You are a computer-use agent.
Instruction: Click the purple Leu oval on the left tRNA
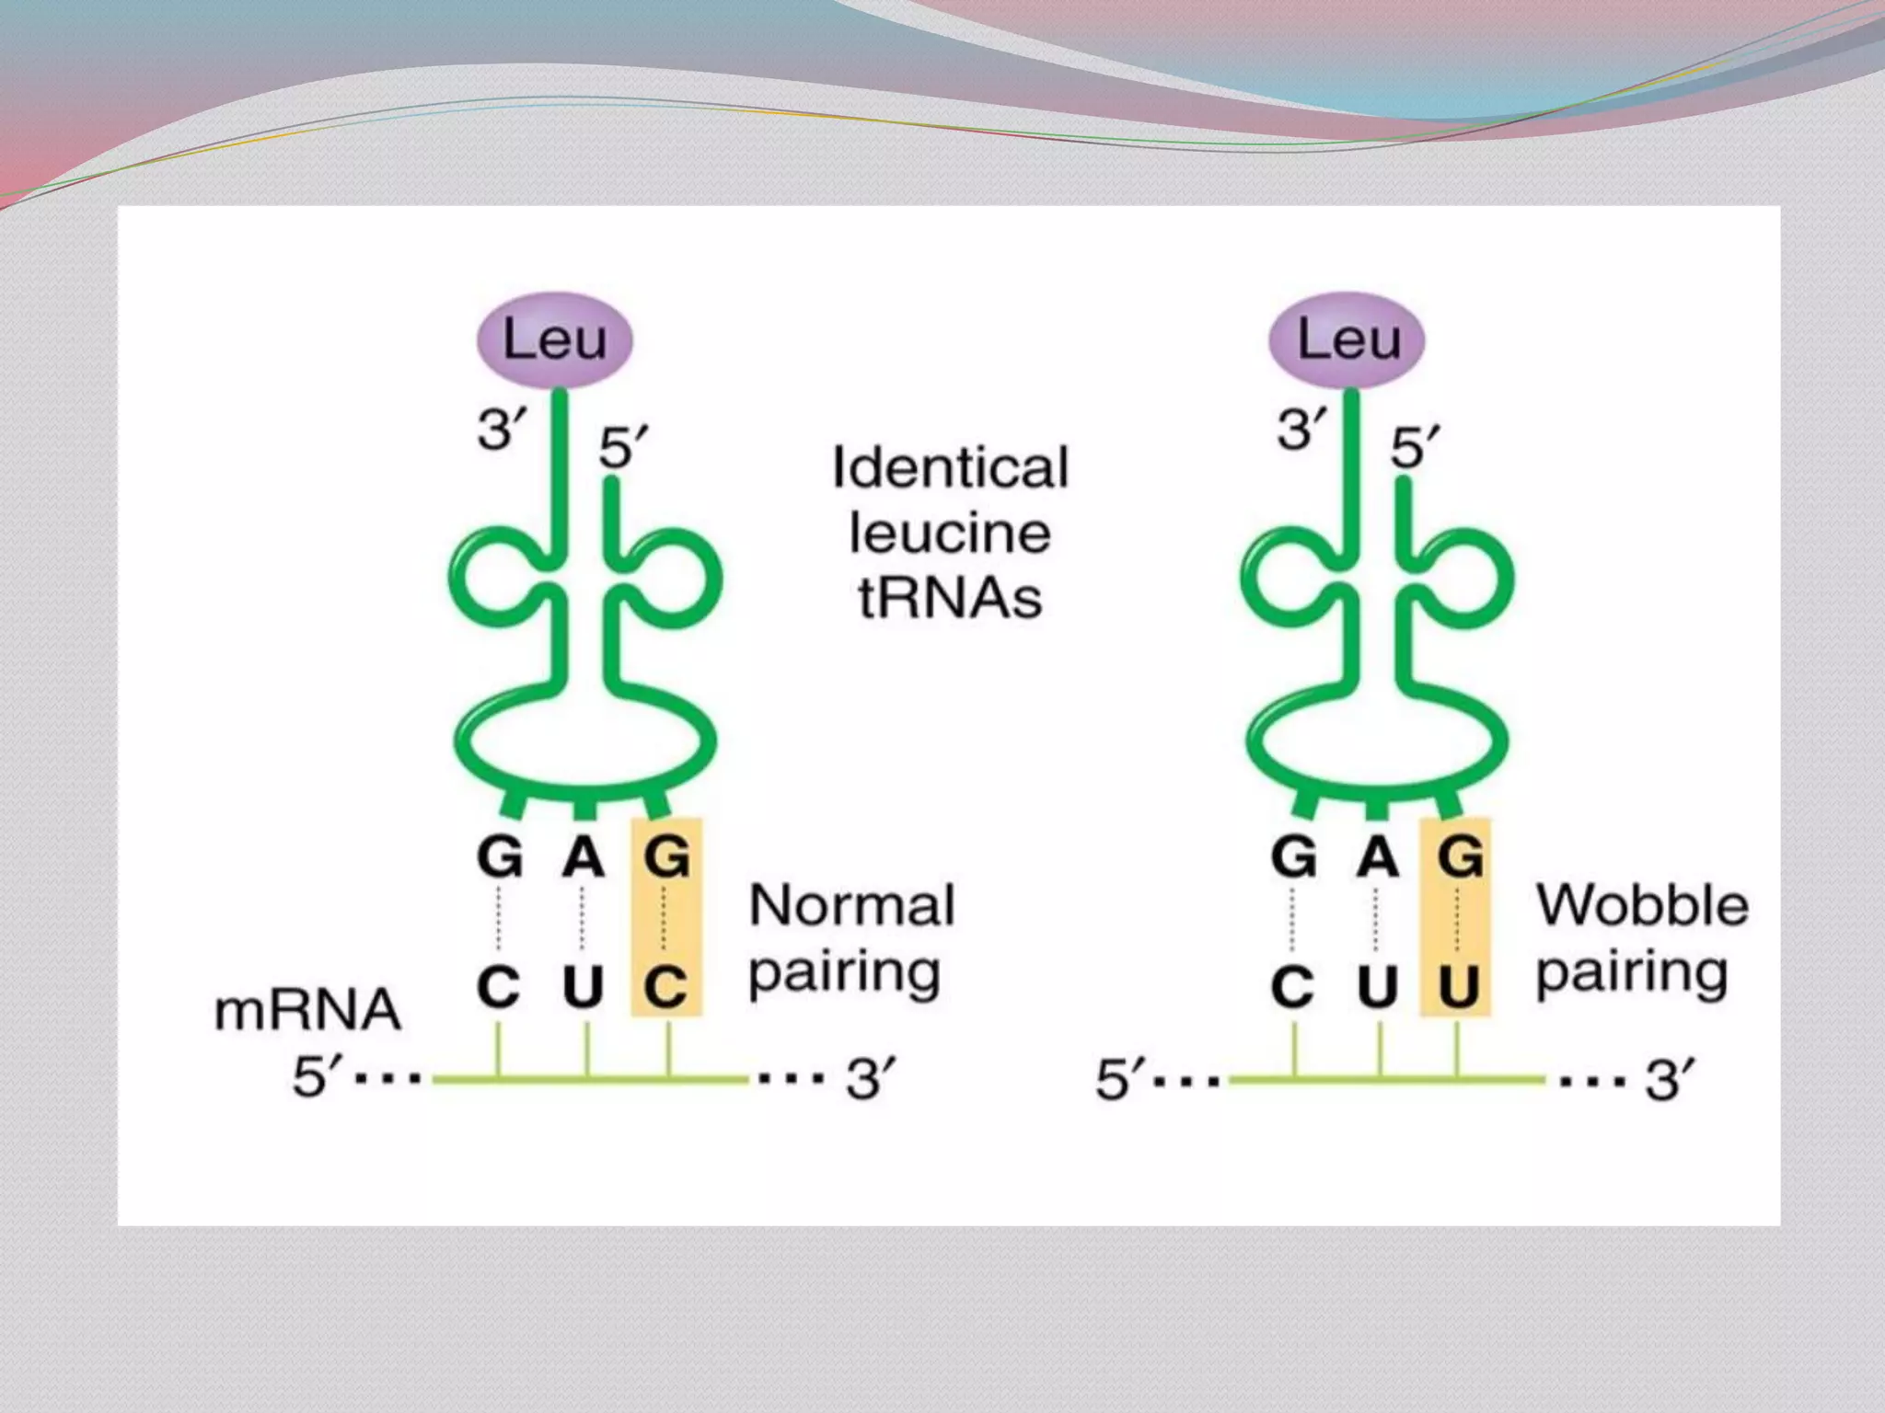coord(554,340)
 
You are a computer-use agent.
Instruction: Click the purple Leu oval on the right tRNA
coord(1347,340)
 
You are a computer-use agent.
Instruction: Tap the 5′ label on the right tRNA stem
coord(1415,449)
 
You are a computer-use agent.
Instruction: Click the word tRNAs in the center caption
coord(950,598)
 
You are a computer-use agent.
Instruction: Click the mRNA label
coord(307,1010)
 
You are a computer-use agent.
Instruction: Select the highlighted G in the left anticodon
coord(666,857)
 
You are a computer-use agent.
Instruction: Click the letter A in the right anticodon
coord(1377,858)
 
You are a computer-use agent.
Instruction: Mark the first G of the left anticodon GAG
coord(500,858)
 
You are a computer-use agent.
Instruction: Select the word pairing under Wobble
coord(1631,973)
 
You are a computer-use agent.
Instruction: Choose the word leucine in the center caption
coord(950,534)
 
